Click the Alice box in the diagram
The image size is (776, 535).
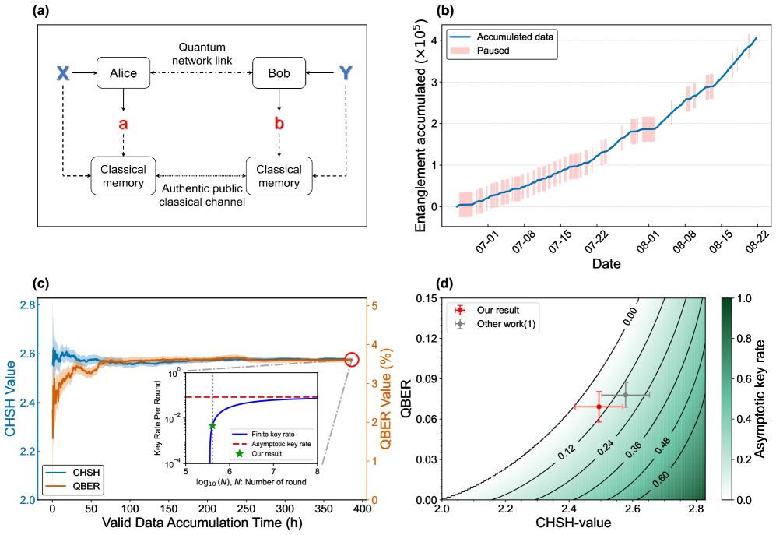tap(123, 73)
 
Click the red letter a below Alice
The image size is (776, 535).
tap(122, 124)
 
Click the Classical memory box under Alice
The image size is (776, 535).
tap(123, 176)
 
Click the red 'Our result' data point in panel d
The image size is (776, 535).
tap(599, 407)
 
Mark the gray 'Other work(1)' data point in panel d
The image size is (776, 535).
tap(626, 395)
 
